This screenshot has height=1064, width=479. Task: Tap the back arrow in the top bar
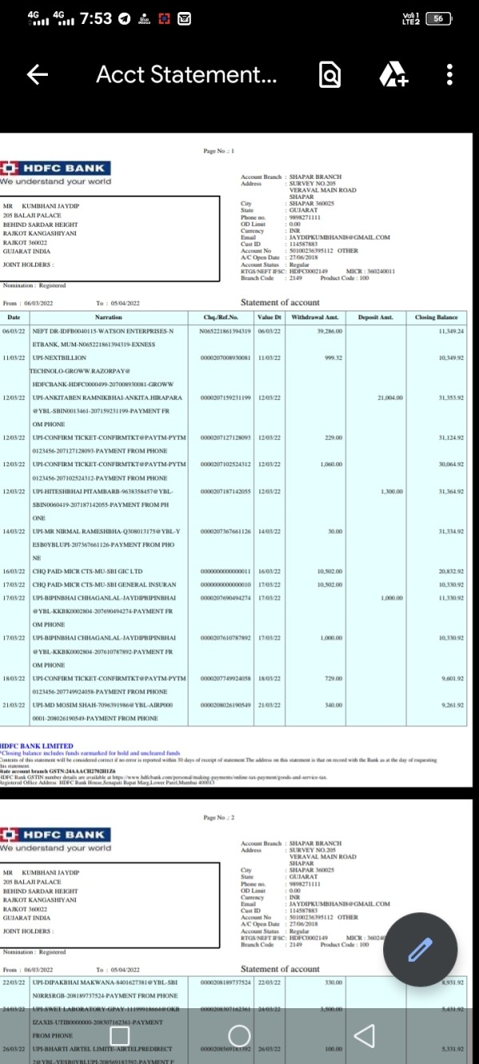point(38,75)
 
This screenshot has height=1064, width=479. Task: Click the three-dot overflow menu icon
point(450,75)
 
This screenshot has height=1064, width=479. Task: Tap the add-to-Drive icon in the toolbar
point(393,75)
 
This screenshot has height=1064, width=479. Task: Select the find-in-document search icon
point(330,75)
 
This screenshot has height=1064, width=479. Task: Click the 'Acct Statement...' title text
point(186,75)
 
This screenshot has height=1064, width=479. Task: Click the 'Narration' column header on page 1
point(108,317)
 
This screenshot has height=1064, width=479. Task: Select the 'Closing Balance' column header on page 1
point(437,317)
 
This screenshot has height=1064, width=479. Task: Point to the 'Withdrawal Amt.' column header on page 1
point(315,317)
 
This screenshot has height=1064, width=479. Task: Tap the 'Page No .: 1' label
point(218,150)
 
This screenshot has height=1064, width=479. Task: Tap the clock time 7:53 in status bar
point(96,18)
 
